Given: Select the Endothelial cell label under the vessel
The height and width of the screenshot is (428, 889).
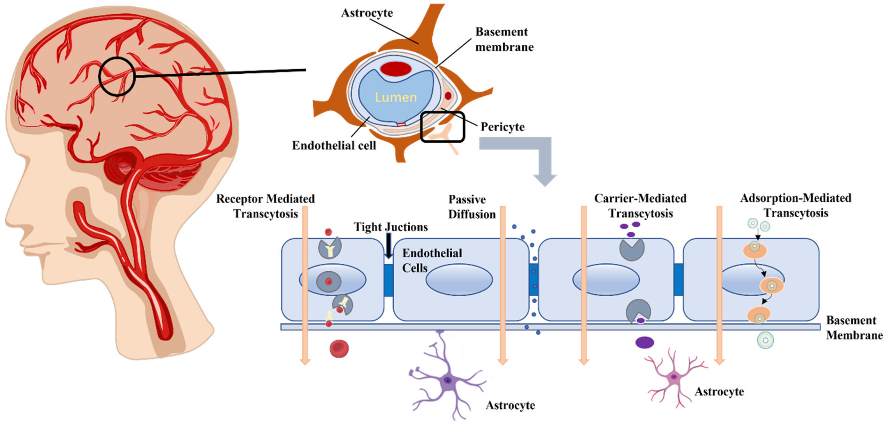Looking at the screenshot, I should point(334,145).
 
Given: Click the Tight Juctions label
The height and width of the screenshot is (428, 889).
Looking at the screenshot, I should point(390,227).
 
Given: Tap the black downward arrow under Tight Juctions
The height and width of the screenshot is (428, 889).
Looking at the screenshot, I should point(389,246).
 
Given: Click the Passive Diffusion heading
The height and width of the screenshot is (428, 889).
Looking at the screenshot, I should point(471,207).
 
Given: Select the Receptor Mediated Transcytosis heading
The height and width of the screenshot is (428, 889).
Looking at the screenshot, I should point(265,206).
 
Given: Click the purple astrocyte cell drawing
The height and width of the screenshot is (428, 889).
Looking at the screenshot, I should point(447,380).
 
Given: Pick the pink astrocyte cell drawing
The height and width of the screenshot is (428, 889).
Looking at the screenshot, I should point(673,377).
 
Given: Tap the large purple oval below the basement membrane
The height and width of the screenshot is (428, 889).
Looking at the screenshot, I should point(644,342).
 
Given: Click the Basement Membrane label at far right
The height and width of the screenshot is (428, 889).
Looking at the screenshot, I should point(854,328).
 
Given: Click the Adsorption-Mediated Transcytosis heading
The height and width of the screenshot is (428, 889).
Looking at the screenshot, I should point(796,205).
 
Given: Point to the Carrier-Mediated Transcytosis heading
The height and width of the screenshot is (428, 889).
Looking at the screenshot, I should point(640,206).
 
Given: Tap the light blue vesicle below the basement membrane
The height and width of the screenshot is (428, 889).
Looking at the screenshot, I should point(765,340).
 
